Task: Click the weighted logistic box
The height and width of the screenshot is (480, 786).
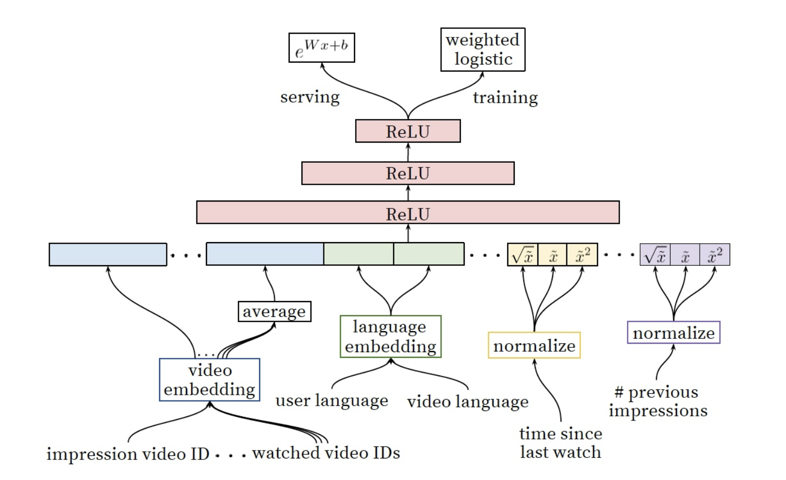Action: click(x=483, y=49)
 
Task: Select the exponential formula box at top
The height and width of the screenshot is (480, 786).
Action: click(x=321, y=48)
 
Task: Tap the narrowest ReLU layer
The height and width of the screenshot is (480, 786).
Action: click(x=408, y=131)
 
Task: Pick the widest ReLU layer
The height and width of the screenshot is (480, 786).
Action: click(x=408, y=213)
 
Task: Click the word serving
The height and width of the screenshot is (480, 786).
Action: click(x=310, y=97)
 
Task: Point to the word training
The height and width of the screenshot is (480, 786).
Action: click(x=505, y=97)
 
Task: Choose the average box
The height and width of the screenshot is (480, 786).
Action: click(x=274, y=311)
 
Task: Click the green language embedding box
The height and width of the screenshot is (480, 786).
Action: click(x=390, y=336)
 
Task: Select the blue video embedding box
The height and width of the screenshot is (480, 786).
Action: click(x=210, y=379)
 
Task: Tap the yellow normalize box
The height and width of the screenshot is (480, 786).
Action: click(x=534, y=345)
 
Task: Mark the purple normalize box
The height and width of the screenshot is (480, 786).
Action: click(x=673, y=333)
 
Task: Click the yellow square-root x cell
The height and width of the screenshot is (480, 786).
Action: click(x=523, y=255)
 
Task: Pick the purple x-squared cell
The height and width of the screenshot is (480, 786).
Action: click(x=715, y=255)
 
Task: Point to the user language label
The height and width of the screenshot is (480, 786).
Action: click(x=332, y=401)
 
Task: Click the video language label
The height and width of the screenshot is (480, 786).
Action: click(x=468, y=402)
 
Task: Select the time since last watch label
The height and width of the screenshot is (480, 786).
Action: click(x=560, y=443)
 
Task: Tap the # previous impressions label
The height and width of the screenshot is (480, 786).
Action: click(x=658, y=401)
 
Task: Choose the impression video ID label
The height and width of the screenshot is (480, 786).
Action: click(x=128, y=454)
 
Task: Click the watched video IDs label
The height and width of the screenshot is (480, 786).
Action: click(x=326, y=453)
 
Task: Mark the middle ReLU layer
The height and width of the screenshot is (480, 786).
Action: click(x=408, y=173)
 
